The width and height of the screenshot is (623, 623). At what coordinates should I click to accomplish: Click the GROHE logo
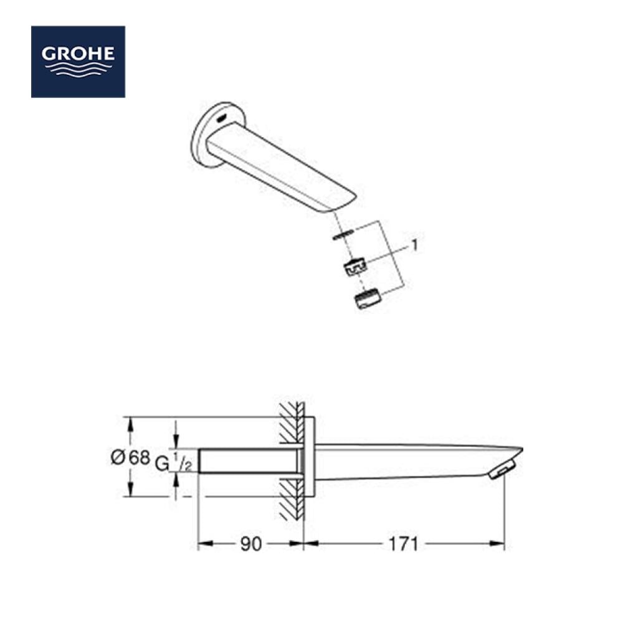click(x=78, y=62)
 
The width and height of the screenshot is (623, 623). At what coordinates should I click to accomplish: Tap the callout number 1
click(x=414, y=245)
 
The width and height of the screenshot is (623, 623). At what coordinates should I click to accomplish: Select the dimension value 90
click(x=250, y=544)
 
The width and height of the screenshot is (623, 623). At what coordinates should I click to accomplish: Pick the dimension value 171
click(x=403, y=544)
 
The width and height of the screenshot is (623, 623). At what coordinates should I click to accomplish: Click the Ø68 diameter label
click(x=130, y=457)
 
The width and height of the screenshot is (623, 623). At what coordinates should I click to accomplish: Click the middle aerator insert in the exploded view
click(x=354, y=267)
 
